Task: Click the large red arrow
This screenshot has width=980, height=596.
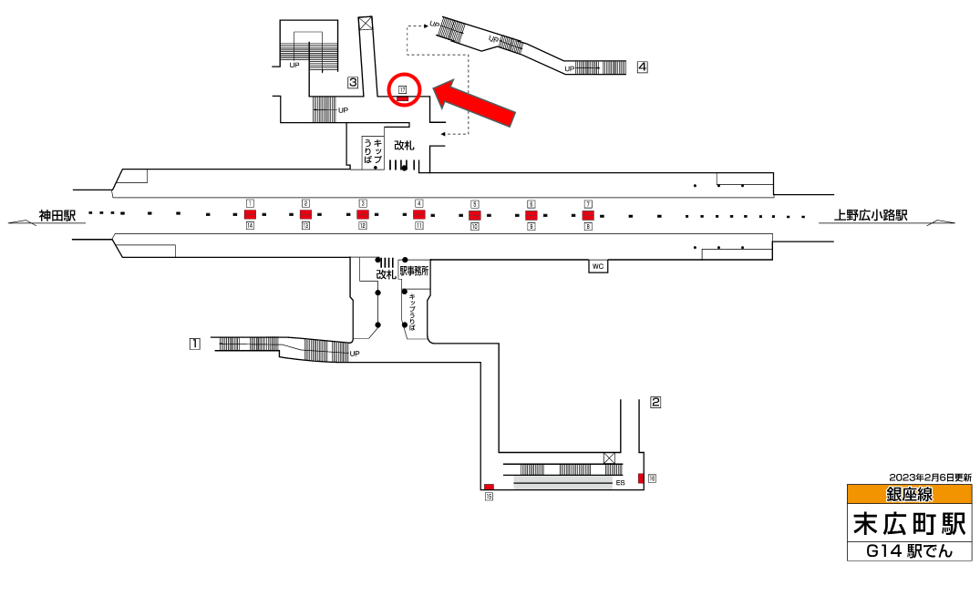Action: click(475, 106)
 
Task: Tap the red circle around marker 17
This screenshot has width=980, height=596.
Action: click(404, 89)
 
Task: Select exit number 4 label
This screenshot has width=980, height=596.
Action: click(643, 67)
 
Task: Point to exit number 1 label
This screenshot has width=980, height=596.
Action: click(194, 344)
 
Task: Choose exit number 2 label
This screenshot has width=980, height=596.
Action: click(655, 401)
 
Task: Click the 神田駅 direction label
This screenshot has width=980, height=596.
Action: click(57, 216)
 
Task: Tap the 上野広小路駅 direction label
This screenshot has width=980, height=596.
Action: click(872, 216)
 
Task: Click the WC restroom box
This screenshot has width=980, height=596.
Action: click(598, 266)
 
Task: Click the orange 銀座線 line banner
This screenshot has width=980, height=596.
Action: click(909, 495)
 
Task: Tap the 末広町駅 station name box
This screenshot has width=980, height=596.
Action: click(909, 524)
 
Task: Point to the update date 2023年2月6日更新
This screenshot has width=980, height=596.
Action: click(930, 478)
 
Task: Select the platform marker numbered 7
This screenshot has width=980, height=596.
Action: click(588, 203)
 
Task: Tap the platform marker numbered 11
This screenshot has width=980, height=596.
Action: click(418, 226)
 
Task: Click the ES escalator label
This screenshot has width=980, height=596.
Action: click(620, 482)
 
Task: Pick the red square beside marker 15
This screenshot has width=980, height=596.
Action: click(489, 487)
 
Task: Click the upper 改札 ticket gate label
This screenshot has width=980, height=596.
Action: click(404, 146)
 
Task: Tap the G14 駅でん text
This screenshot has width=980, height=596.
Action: click(909, 551)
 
